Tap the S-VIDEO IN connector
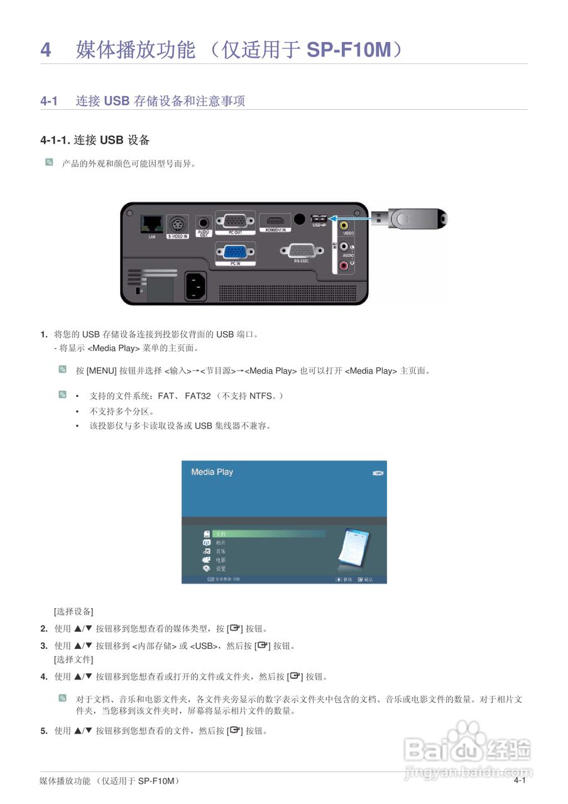pyautogui.click(x=177, y=224)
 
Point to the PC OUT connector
pyautogui.click(x=236, y=221)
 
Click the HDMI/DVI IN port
pyautogui.click(x=275, y=222)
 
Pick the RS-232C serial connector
pyautogui.click(x=297, y=251)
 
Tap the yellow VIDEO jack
pyautogui.click(x=344, y=224)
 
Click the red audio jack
pyautogui.click(x=344, y=266)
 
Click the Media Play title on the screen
pyautogui.click(x=212, y=472)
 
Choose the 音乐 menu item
pyautogui.click(x=221, y=551)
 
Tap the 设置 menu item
pyautogui.click(x=221, y=568)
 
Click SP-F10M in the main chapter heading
pyautogui.click(x=349, y=50)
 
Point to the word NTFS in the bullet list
pyautogui.click(x=261, y=396)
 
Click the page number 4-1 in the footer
pyautogui.click(x=519, y=780)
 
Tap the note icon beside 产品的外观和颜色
pyautogui.click(x=49, y=163)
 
